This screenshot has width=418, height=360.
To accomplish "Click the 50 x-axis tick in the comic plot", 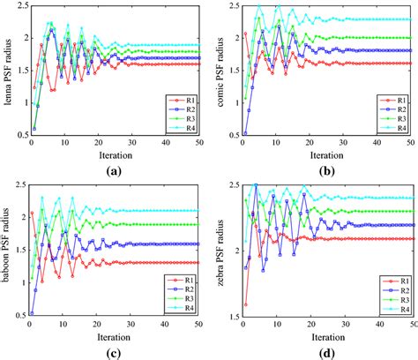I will click(414, 144).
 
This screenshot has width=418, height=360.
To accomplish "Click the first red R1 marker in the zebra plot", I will click(245, 304).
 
